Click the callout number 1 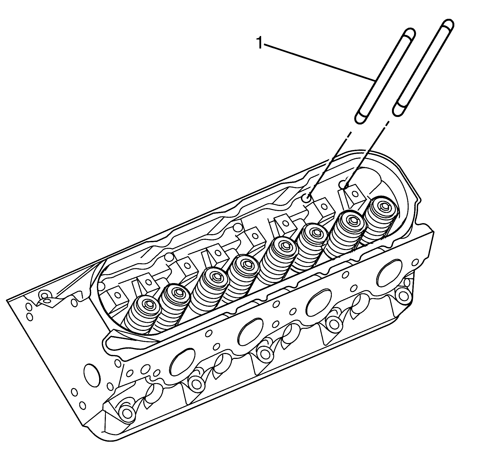[x=259, y=43]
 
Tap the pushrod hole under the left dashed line [x=307, y=199]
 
